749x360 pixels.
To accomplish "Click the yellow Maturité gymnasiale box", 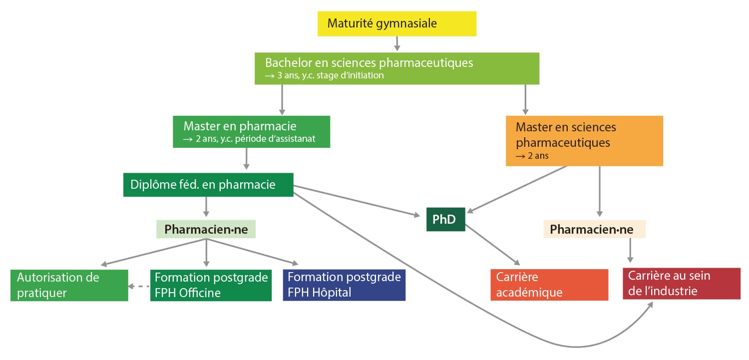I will point(397,23).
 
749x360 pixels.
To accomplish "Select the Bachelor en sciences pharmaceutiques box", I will point(397,68).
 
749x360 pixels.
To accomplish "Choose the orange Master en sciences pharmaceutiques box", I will point(584,141).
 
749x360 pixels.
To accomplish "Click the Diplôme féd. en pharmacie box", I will point(208,184).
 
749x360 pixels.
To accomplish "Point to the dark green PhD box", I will point(445,219).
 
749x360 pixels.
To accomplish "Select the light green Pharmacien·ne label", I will point(206,229).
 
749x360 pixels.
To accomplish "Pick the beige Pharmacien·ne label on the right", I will point(594,229).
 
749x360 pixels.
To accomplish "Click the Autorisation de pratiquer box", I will point(69,285).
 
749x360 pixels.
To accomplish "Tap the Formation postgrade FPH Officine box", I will point(211,285).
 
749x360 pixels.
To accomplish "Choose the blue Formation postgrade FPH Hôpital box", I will point(344,285).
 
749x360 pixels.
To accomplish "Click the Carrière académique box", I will point(549,285).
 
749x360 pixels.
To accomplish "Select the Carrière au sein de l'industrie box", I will point(682,284).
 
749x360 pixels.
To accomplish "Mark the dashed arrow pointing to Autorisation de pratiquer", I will point(139,286).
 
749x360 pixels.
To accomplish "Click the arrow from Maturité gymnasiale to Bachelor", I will point(397,44).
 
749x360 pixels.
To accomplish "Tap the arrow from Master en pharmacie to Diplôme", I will point(246,160).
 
